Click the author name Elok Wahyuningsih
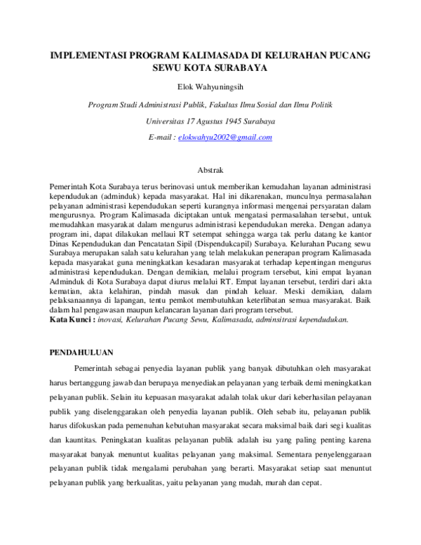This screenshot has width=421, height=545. pos(210,87)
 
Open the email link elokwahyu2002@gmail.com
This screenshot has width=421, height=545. pos(225,137)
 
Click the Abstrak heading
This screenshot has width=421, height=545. pos(210,170)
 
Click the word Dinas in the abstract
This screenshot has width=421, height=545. pos(59,245)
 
